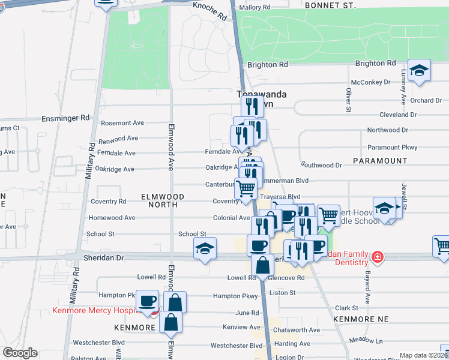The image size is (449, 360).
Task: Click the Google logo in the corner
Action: click(x=19, y=353)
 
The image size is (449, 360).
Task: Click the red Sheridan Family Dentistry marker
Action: click(x=377, y=257)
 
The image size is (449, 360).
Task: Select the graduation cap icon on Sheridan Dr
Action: click(x=205, y=248)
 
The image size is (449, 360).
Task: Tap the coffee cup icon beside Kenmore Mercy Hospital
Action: click(x=147, y=301)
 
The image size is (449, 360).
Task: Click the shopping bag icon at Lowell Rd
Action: click(x=262, y=265)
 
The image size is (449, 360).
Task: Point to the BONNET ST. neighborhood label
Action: click(x=330, y=5)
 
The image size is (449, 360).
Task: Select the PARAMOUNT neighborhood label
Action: click(x=379, y=161)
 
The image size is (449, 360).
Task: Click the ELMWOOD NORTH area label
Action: click(x=159, y=200)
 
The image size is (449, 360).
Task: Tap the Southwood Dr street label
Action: click(x=322, y=165)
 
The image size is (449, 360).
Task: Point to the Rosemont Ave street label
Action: click(x=122, y=123)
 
